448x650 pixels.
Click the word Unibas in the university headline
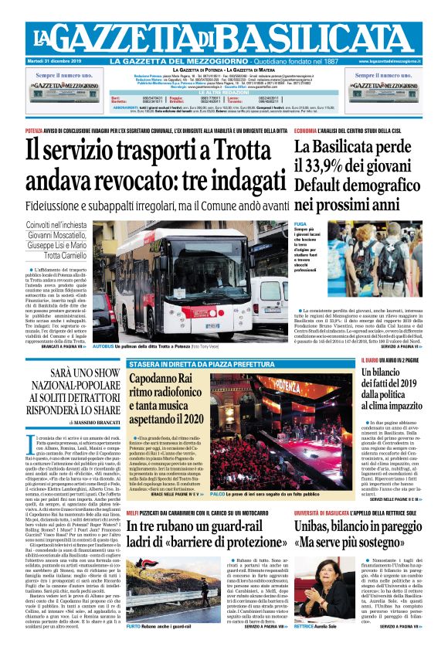click(x=317, y=526)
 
